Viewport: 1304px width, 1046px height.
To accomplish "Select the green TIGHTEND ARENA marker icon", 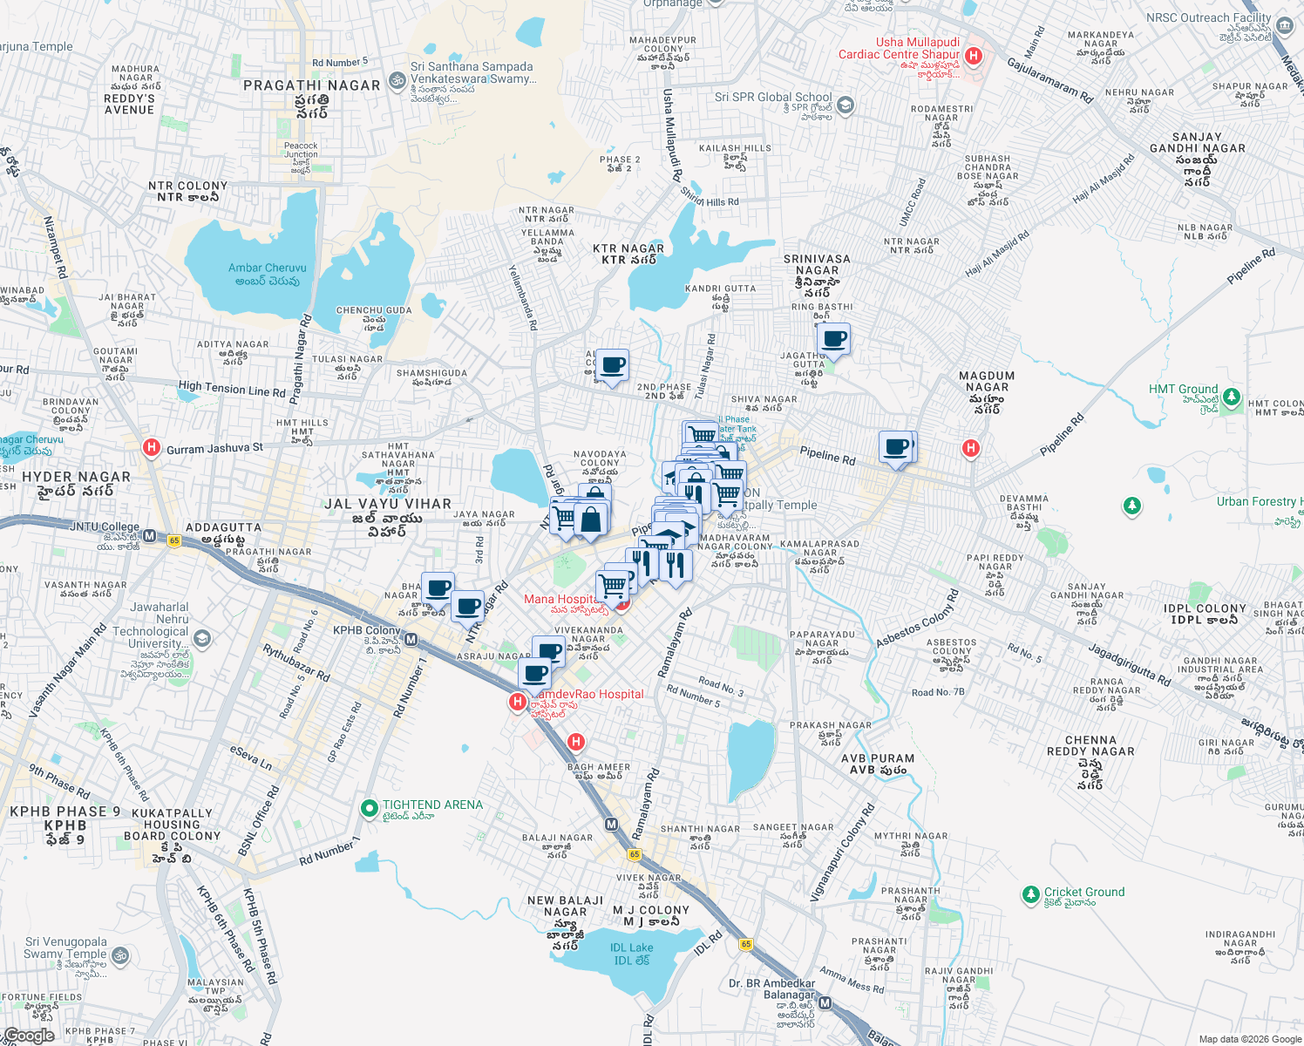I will coord(369,808).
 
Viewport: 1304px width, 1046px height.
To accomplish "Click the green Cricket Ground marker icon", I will coord(1030,894).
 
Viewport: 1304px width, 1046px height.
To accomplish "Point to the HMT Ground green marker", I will coord(1231,397).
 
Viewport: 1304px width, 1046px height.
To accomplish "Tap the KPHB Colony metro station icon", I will coord(411,640).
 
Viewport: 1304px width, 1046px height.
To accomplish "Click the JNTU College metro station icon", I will coord(149,536).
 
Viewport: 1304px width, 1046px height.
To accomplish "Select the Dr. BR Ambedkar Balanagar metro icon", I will coord(825,1003).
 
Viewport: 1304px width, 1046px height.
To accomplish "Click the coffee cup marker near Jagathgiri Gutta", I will coord(834,338).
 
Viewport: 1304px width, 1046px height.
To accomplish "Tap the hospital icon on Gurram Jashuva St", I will coord(152,448).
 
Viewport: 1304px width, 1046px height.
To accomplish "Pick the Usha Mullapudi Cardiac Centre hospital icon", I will coord(974,57).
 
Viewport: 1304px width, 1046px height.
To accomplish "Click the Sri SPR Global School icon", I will coord(845,105).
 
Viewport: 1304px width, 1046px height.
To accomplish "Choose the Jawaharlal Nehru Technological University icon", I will coord(202,639).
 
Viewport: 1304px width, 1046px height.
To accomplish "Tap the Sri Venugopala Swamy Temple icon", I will coord(120,955).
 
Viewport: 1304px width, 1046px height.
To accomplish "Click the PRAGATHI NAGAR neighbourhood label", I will coord(312,85).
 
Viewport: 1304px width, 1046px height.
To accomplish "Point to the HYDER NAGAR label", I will coord(77,477).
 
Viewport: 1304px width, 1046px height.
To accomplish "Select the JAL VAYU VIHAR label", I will coord(388,504).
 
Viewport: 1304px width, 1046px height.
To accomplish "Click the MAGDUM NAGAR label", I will coord(987,382).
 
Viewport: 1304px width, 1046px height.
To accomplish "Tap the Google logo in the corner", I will coord(29,1036).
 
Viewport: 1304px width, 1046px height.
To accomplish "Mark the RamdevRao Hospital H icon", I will coord(518,702).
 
